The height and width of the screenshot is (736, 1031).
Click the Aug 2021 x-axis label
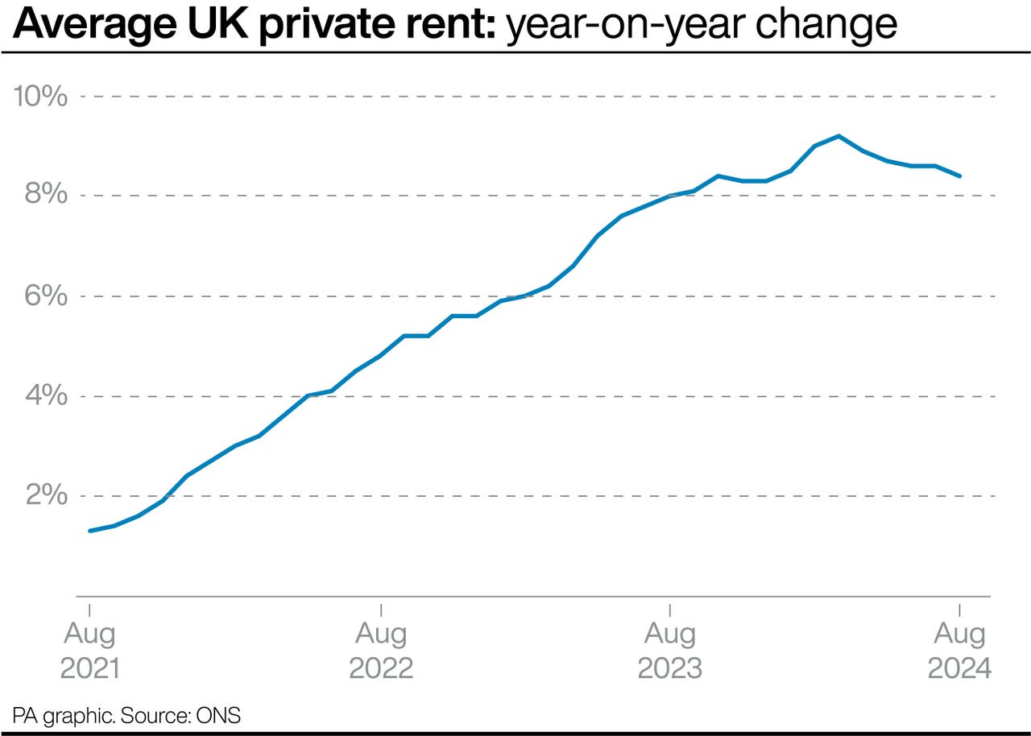click(89, 651)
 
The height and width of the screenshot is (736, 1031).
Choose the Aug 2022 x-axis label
click(380, 651)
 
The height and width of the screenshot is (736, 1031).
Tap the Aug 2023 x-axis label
click(669, 651)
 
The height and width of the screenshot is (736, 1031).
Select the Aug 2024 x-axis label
click(959, 651)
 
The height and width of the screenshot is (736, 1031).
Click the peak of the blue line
click(838, 136)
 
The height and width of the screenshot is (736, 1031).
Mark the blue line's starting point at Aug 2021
click(89, 531)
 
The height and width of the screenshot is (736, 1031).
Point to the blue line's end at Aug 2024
click(959, 176)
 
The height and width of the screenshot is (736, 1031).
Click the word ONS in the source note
click(222, 715)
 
